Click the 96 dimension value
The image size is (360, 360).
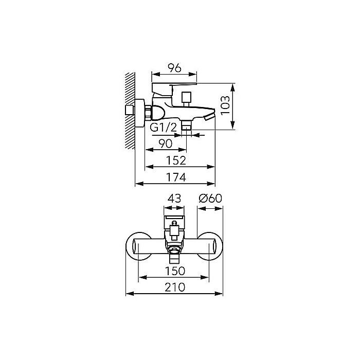point(174,68)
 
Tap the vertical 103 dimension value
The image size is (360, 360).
point(225,105)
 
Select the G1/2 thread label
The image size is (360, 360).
point(163,128)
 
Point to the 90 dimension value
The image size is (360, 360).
point(165,143)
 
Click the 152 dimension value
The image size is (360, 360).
point(176,160)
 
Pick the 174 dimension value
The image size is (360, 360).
point(176,177)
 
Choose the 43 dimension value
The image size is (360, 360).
point(174,199)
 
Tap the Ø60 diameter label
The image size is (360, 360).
point(210,199)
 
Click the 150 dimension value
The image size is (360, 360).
point(175,271)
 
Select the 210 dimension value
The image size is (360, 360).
point(175,287)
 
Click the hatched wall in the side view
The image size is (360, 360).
point(130,111)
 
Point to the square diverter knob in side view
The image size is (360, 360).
point(186,97)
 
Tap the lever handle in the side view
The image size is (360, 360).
point(174,88)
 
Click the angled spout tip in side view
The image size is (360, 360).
point(209,116)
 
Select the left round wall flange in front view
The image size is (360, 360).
point(139,246)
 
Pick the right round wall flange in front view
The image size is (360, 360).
point(210,246)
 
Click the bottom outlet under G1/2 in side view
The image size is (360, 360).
point(186,125)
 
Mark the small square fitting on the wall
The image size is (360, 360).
point(130,110)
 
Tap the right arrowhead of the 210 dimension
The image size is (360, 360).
point(219,294)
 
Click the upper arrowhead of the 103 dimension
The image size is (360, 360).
point(233,88)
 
